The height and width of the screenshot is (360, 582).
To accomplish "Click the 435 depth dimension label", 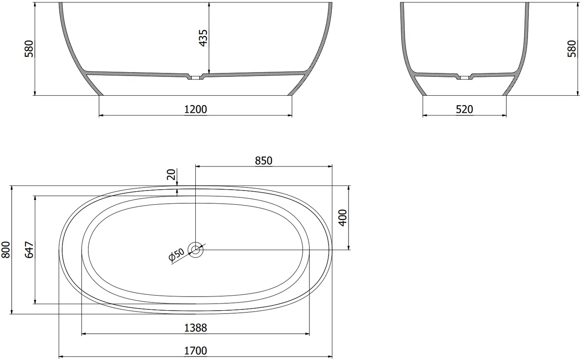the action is coord(203,38).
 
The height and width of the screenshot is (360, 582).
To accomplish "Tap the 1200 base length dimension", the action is coord(195,109).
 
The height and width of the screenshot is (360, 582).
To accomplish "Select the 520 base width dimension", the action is coord(464,109).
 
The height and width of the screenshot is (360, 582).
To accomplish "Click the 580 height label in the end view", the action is coord(572,48).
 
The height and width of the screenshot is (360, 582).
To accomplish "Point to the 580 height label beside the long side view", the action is coord(29,48).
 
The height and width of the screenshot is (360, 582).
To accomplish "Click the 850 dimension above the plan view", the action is coord(264,161).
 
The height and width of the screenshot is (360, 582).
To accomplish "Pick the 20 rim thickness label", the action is coord(171,175).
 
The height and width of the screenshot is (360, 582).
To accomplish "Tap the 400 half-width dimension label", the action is coord(343,218).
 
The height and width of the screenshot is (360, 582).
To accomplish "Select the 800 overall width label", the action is coord(6,250).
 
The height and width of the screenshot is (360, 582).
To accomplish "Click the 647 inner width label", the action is coord(29,250).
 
